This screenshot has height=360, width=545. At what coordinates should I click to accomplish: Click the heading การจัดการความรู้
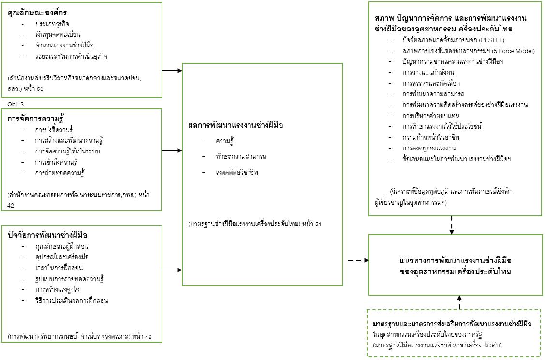click(36, 119)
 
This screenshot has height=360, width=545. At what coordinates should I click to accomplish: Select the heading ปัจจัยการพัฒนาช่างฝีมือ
click(47, 235)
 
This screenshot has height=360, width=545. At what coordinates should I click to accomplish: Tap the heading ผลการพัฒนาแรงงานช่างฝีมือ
click(236, 125)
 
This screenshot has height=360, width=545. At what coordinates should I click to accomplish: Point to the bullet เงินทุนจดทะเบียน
click(58, 34)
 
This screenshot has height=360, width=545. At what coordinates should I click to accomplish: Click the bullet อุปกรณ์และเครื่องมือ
click(62, 257)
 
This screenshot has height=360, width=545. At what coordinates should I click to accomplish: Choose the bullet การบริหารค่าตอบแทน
click(431, 116)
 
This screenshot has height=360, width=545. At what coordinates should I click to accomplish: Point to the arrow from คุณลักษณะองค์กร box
click(172, 71)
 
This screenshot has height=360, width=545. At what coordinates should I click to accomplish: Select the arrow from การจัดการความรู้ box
click(172, 150)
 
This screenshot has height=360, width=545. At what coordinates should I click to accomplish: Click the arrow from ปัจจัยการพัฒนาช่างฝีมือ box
click(172, 270)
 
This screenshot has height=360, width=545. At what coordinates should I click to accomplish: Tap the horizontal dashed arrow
click(358, 260)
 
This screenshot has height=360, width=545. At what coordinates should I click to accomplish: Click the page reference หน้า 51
click(310, 224)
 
